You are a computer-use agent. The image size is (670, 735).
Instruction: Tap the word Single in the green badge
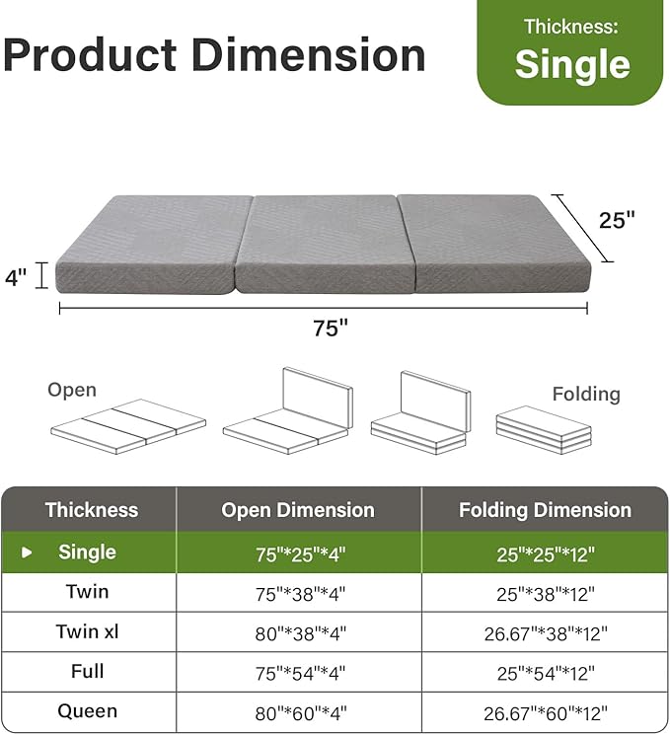pyautogui.click(x=572, y=64)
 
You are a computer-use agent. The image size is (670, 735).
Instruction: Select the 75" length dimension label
pyautogui.click(x=331, y=329)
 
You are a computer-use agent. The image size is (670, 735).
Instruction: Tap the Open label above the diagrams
pyautogui.click(x=72, y=390)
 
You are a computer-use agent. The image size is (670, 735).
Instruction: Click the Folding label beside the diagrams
pyautogui.click(x=586, y=394)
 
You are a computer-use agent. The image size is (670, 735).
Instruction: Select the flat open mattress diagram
pyautogui.click(x=127, y=424)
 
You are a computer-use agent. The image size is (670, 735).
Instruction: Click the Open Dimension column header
pyautogui.click(x=298, y=510)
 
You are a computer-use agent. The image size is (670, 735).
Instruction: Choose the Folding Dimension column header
pyautogui.click(x=545, y=510)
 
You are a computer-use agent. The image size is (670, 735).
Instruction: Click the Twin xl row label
pyautogui.click(x=87, y=631)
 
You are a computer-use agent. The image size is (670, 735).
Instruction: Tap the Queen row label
pyautogui.click(x=87, y=710)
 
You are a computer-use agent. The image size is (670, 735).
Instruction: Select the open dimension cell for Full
pyautogui.click(x=298, y=672)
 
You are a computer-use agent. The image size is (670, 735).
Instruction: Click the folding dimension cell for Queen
pyautogui.click(x=545, y=711)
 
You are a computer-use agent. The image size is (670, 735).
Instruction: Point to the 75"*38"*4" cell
pyautogui.click(x=298, y=593)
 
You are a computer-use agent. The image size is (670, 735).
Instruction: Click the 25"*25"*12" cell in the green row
pyautogui.click(x=545, y=553)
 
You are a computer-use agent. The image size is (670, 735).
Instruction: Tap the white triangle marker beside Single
pyautogui.click(x=27, y=552)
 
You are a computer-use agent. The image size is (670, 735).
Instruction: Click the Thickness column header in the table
pyautogui.click(x=91, y=510)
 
